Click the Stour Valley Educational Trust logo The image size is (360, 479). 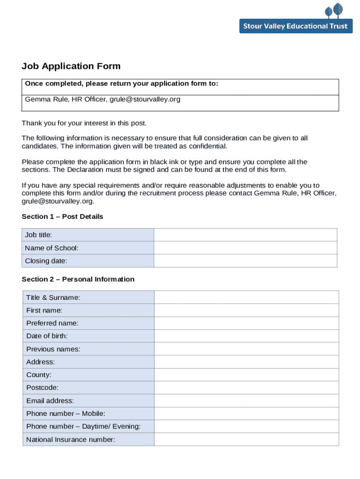[295, 19]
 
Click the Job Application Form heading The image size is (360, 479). [71, 66]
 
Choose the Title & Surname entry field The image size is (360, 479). [246, 298]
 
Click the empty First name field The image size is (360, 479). [246, 310]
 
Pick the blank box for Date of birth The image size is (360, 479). [246, 336]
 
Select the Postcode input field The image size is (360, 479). [246, 388]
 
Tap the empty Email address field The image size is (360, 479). [246, 401]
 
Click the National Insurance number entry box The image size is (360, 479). [246, 439]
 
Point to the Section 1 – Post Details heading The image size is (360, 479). [62, 217]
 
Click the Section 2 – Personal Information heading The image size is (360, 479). [78, 279]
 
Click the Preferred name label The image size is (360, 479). [52, 323]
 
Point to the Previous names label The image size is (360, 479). [53, 349]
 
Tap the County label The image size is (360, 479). [39, 375]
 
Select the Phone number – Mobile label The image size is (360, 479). [66, 414]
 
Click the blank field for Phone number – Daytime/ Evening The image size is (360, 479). [246, 427]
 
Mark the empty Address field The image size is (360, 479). [246, 362]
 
